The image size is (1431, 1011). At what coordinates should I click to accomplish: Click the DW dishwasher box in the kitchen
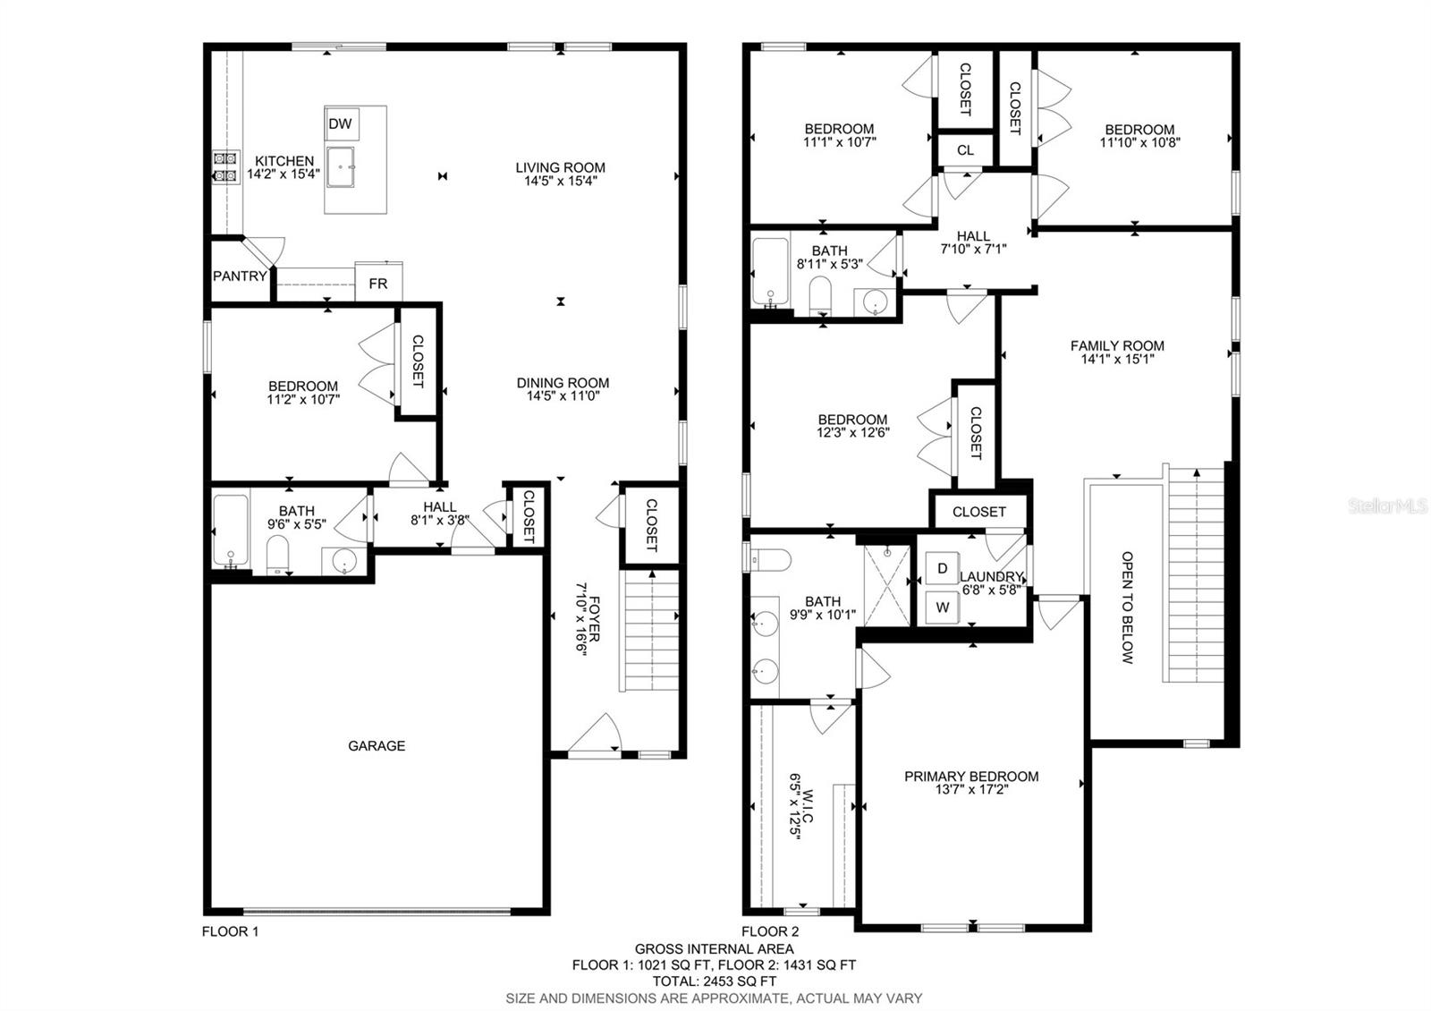click(x=341, y=123)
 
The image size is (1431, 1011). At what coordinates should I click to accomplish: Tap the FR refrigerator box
click(x=378, y=281)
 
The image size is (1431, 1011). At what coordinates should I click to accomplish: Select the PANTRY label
click(x=240, y=276)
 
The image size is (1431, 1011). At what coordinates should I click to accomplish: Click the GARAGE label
click(x=377, y=746)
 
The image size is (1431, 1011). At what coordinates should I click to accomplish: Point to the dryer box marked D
click(x=943, y=568)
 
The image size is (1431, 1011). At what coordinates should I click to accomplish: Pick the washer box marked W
click(x=943, y=607)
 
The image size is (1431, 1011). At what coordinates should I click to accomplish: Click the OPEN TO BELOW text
click(x=1128, y=607)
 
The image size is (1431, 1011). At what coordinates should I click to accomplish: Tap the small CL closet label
click(x=965, y=150)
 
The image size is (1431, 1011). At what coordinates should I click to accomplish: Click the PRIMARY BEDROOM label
click(x=971, y=777)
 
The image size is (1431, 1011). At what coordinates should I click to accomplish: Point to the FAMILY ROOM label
click(x=1117, y=345)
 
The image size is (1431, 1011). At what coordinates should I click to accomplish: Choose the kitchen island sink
click(x=341, y=167)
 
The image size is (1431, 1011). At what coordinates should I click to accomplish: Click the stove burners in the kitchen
click(x=225, y=166)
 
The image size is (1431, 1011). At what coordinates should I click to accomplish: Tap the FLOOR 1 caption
click(x=230, y=931)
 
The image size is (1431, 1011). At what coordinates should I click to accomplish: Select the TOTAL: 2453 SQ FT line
click(x=715, y=981)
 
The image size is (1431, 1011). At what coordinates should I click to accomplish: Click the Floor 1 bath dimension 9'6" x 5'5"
click(x=296, y=524)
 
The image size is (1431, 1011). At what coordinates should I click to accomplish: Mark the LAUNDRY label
click(x=992, y=576)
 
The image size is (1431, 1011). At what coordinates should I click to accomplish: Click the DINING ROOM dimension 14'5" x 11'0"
click(x=563, y=396)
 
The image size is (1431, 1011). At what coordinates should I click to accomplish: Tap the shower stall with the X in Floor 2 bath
click(x=887, y=585)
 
